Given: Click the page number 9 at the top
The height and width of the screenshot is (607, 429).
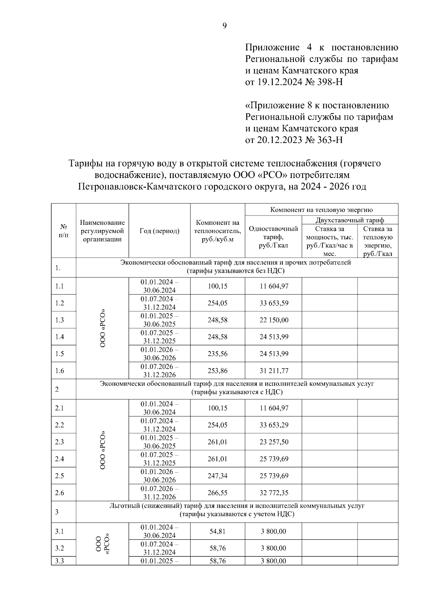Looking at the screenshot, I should [x=225, y=26].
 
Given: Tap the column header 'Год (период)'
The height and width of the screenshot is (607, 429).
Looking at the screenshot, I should [x=159, y=231].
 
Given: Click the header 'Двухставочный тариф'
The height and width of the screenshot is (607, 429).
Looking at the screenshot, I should [x=350, y=220].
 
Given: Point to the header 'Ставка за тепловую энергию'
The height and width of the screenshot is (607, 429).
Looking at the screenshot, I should [x=378, y=241].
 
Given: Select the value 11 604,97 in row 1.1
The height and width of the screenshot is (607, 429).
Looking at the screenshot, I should [x=274, y=286].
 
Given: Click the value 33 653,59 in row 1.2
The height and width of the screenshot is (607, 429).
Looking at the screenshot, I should [x=274, y=303].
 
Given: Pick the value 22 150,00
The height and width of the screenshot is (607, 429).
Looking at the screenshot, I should [x=274, y=320].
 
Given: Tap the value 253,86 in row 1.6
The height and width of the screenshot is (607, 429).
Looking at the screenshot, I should [x=217, y=371].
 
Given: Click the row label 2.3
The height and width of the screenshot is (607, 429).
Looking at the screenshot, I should [x=60, y=442].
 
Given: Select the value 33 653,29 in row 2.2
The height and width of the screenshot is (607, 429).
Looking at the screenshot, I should [x=274, y=425].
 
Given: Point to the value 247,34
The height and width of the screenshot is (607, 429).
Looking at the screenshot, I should [x=217, y=476].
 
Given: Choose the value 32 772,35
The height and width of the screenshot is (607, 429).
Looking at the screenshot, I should [x=274, y=493].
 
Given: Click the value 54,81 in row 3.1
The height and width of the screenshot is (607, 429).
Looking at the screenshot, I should [x=217, y=531].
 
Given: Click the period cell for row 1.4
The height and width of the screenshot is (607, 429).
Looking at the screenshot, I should [x=159, y=337].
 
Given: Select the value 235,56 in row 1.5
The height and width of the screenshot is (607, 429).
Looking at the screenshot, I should [x=217, y=354].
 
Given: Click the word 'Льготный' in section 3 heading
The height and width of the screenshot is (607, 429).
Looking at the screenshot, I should [x=124, y=506].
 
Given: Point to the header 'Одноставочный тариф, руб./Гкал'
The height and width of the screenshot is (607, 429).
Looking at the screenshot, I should [x=273, y=237].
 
